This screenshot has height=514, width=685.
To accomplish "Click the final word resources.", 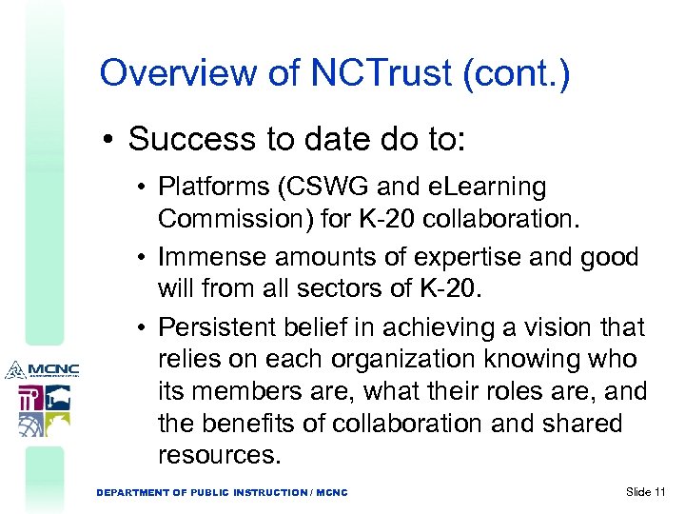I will click(220, 455).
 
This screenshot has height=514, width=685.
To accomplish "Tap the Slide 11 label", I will click(645, 491).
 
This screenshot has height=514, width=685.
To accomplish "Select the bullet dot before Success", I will click(110, 140).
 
